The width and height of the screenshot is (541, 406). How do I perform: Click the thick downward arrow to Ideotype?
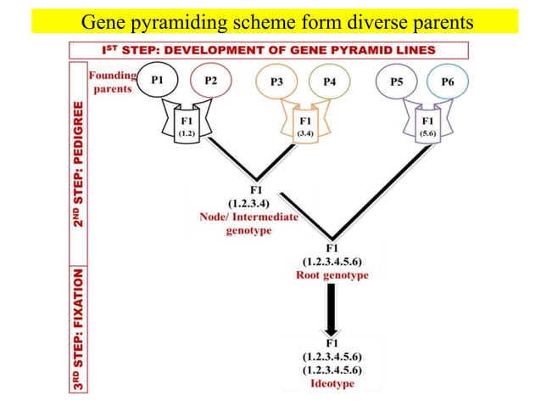click(x=332, y=310)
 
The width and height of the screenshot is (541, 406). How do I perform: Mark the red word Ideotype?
click(x=332, y=384)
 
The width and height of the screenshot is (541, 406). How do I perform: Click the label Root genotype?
click(x=332, y=275)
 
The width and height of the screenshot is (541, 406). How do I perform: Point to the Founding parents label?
click(x=113, y=82)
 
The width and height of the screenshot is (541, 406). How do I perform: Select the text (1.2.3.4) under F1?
click(x=248, y=203)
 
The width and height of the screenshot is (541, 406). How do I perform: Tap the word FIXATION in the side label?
click(x=79, y=298)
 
